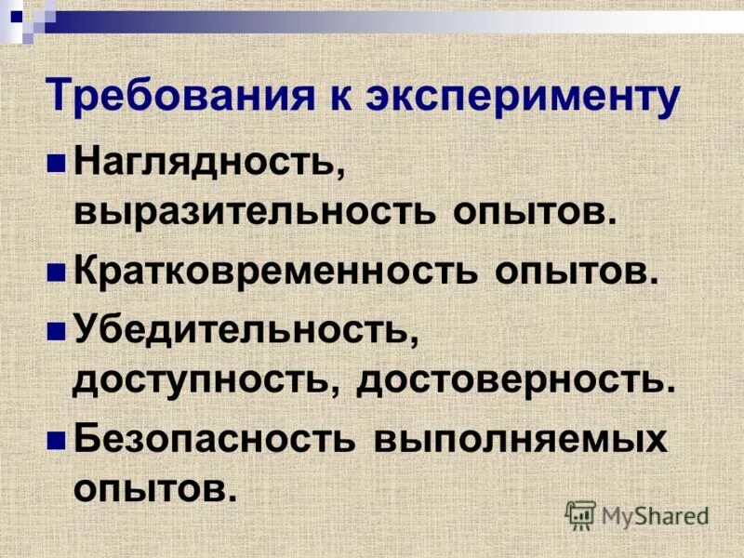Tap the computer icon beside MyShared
(580, 514)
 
